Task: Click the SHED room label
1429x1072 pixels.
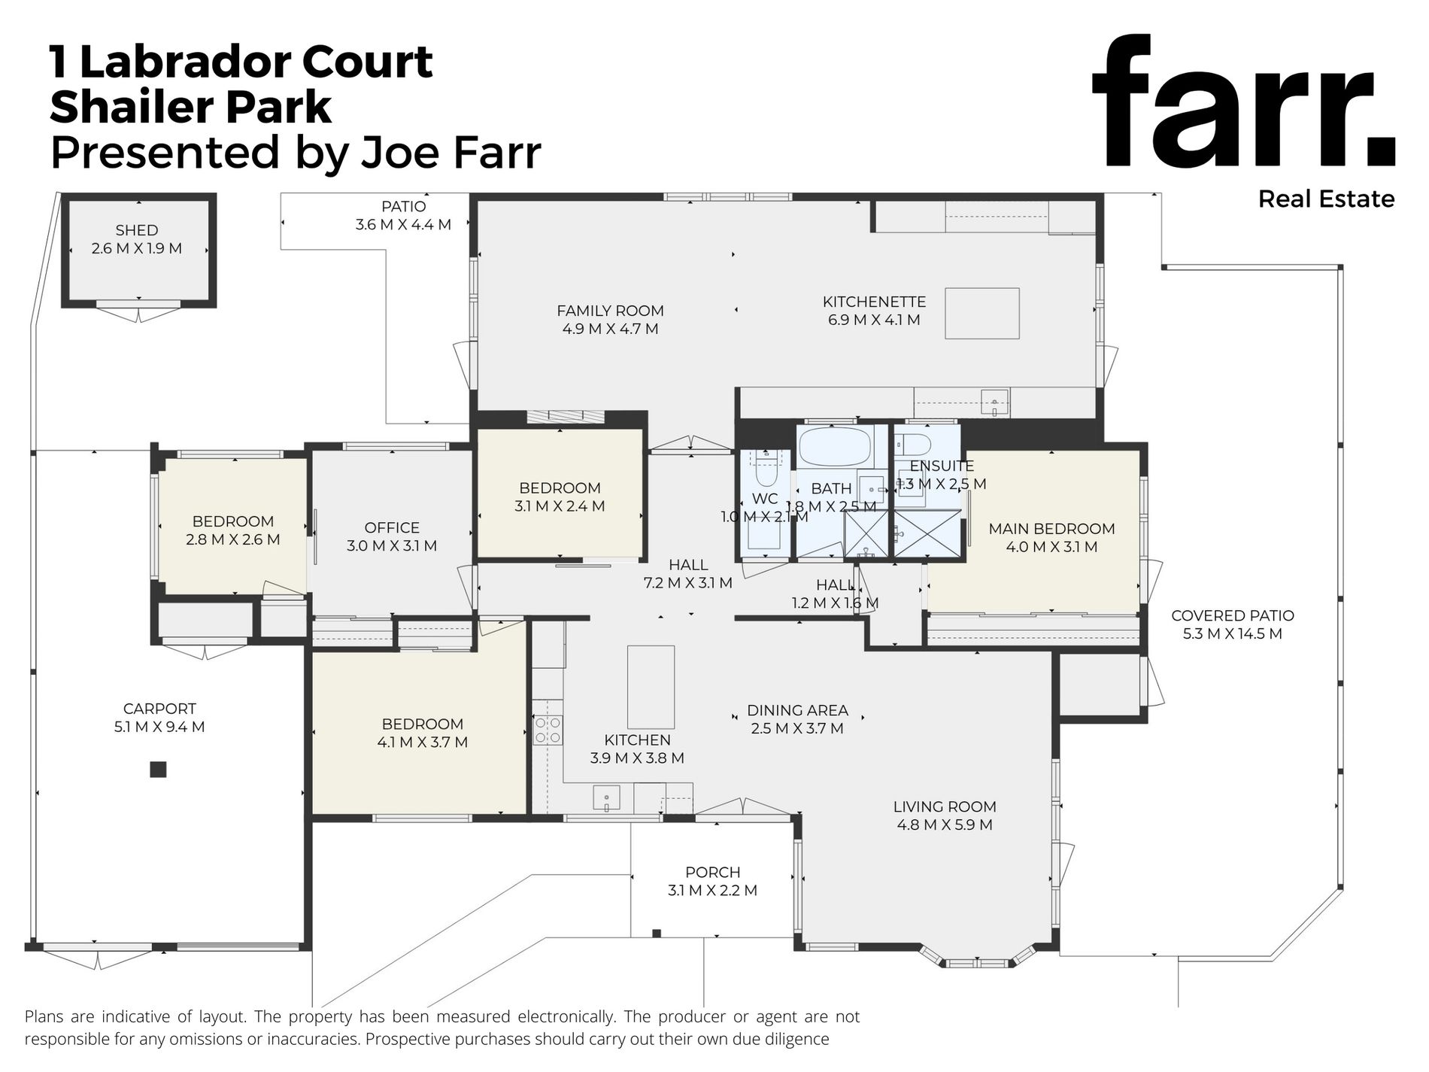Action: point(137,230)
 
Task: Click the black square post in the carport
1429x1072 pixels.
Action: point(158,770)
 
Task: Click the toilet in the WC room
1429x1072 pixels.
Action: point(765,469)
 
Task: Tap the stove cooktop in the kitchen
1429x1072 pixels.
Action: point(548,730)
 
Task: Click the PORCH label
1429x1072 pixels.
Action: point(713,873)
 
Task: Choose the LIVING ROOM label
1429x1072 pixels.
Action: point(945,806)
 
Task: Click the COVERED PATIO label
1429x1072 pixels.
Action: point(1233,615)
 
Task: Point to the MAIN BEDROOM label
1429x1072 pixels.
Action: point(1051,529)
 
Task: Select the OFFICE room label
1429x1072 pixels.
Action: point(392,528)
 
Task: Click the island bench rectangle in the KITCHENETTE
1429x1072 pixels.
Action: point(982,314)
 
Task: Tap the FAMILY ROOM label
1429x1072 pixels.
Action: point(610,311)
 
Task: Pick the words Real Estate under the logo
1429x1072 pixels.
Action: point(1327,199)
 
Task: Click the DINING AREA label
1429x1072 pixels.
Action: point(797,710)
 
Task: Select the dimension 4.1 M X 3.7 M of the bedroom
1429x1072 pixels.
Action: point(423,743)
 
